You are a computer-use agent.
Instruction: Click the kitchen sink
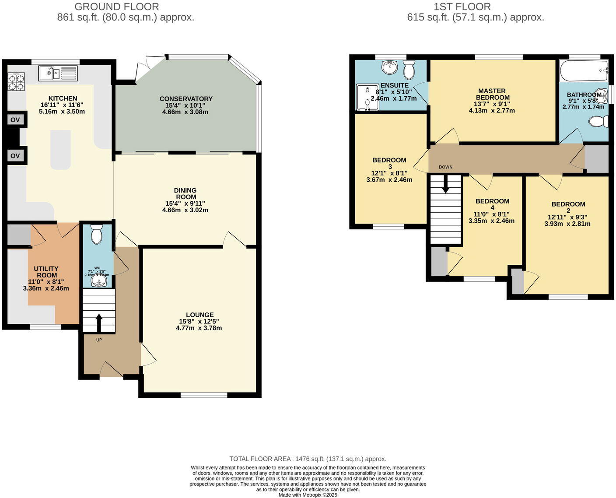pos(58,73)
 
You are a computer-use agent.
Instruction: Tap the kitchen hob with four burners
pos(16,82)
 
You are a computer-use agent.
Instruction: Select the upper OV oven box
pos(15,119)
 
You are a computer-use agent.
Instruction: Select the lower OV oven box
pos(15,155)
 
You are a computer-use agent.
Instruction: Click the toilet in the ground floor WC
pos(96,235)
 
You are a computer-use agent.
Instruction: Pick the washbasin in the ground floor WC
pos(98,281)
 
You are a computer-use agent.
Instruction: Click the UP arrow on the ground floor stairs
pos(99,323)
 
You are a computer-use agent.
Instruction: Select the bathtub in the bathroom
pos(583,71)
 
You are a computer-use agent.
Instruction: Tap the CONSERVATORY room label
pos(186,99)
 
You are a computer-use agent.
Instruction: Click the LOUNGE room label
pos(199,315)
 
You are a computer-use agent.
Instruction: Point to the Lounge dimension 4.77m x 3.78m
pos(199,328)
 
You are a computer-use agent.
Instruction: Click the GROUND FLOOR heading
pos(117,7)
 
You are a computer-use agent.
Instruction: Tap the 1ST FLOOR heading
pos(462,7)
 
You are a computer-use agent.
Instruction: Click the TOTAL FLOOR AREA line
pos(308,459)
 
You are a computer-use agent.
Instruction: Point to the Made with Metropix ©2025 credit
pos(308,495)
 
